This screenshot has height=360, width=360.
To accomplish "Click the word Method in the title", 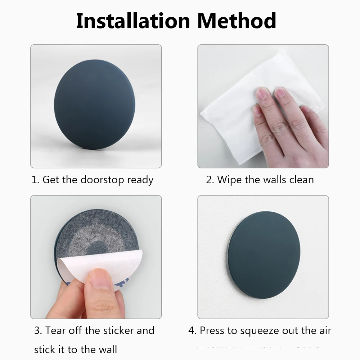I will [237, 21].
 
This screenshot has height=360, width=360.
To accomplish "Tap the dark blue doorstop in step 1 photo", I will [94, 104].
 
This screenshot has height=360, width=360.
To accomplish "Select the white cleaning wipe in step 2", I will [230, 108].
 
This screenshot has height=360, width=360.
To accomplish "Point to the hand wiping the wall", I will [288, 126].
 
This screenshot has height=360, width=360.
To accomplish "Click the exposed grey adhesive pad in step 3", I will [90, 234].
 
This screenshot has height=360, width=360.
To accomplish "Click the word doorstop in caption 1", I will [103, 180].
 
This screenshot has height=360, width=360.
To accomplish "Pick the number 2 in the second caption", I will [209, 180].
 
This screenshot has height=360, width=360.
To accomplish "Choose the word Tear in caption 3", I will [56, 330].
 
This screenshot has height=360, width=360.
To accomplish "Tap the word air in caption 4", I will [324, 330].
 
